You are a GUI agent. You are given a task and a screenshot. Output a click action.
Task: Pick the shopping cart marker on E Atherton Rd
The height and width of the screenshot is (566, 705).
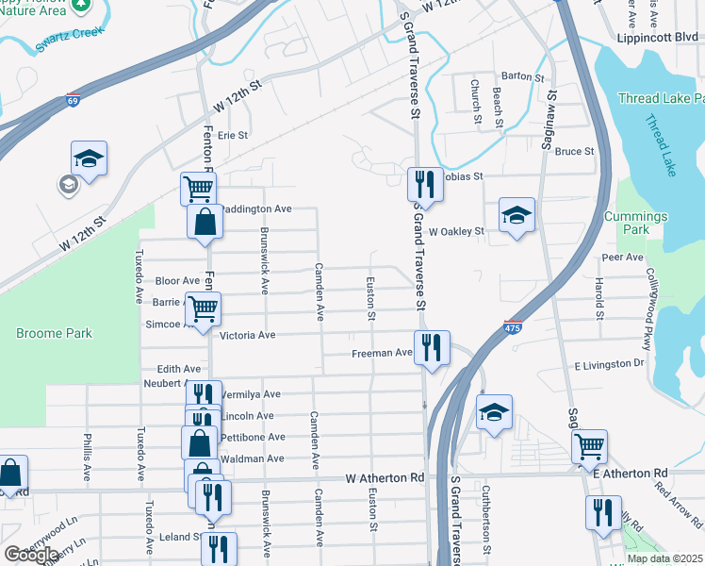[x=589, y=445]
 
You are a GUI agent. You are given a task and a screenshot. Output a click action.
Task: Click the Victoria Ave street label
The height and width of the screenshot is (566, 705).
[x=247, y=335]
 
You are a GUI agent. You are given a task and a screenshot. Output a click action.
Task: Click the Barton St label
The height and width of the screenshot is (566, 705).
[x=524, y=76]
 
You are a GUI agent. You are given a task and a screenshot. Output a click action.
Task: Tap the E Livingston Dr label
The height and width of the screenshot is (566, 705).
[x=609, y=363]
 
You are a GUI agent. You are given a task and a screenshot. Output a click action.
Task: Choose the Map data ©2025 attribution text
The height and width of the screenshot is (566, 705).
[x=664, y=558]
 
